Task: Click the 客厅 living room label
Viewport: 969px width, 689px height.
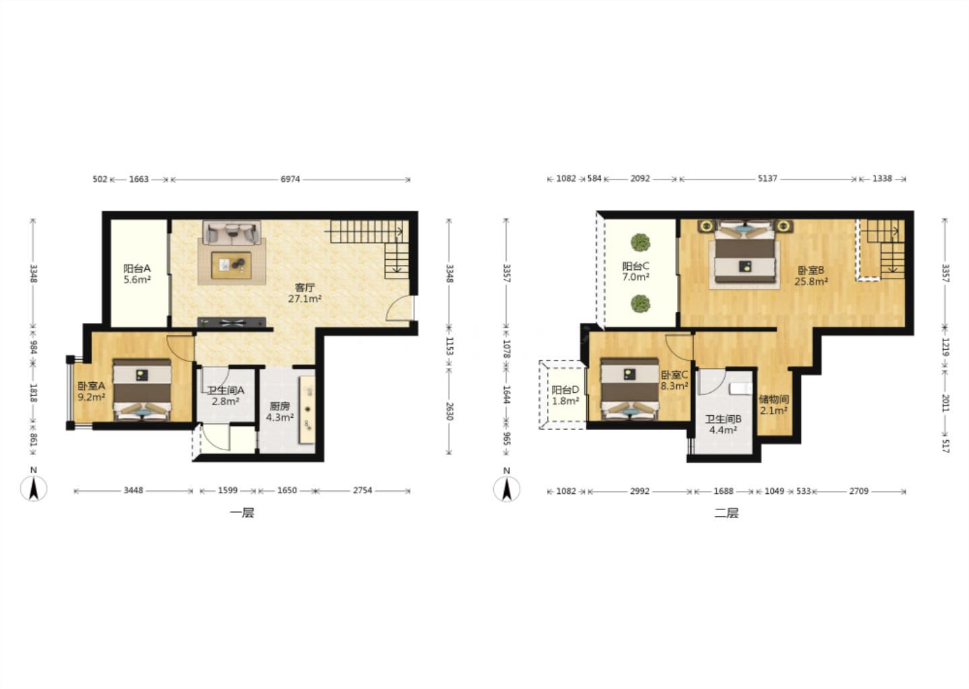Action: coord(305,287)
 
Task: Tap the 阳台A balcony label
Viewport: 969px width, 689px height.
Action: coord(137,268)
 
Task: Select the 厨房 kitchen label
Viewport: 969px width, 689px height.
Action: coord(279,406)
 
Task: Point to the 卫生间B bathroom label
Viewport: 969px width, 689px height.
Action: coord(723,419)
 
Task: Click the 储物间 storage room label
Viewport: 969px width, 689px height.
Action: coord(773,399)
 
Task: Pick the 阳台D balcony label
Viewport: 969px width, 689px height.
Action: coord(565,390)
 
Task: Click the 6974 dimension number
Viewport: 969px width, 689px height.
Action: coord(290,179)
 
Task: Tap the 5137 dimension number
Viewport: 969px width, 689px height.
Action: coord(767,178)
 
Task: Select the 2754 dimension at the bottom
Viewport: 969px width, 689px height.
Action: coord(363,490)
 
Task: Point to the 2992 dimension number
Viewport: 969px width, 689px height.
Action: coord(639,491)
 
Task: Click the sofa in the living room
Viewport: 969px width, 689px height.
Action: coord(232,233)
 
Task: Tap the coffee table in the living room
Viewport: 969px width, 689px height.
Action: coord(231,264)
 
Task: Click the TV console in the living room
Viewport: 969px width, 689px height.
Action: coord(231,322)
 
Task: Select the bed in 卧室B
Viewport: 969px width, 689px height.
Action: coord(744,252)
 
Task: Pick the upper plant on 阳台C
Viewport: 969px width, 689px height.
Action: coord(640,243)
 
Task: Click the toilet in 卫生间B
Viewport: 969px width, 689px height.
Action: coord(741,388)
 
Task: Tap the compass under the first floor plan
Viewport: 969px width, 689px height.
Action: coord(34,488)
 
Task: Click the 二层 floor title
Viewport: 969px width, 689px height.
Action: coord(726,513)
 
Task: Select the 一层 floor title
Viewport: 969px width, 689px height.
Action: coord(242,513)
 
